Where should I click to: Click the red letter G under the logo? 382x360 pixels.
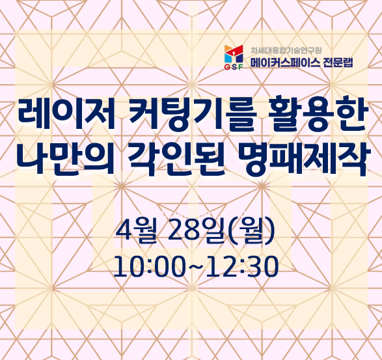point(226,68)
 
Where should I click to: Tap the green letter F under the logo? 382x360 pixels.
point(240,68)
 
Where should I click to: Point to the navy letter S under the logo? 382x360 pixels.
point(234,68)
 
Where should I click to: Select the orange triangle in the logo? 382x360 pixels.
point(228,48)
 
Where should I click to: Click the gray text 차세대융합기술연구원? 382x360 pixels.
point(286,51)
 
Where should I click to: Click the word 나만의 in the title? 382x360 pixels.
point(66,158)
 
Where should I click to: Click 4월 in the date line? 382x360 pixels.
point(136,230)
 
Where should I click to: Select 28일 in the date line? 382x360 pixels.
point(196,230)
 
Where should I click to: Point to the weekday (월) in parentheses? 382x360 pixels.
point(252,231)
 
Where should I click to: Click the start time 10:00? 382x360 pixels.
point(149,266)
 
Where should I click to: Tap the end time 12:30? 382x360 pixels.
point(242,266)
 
